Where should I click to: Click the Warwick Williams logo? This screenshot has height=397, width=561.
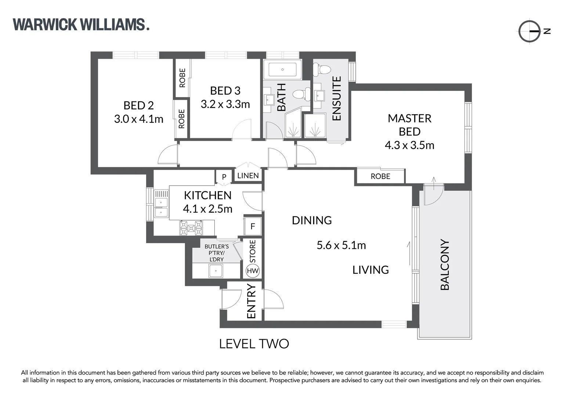[x=81, y=25]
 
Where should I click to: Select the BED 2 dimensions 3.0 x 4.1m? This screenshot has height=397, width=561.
[x=138, y=119]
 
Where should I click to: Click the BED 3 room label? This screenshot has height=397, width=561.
[x=225, y=90]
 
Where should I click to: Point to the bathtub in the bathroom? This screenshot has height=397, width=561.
[x=282, y=69]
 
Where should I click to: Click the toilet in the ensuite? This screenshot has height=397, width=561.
[x=323, y=69]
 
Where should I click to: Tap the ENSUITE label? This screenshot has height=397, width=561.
[x=336, y=98]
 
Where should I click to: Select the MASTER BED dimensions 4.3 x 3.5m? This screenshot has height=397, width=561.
[x=409, y=145]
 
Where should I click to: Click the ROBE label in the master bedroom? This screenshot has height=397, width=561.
[x=380, y=176]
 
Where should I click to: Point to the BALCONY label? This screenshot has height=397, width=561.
[x=445, y=265]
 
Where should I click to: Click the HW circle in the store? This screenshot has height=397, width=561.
[x=253, y=271]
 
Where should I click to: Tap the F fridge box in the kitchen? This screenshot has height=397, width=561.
[x=253, y=226]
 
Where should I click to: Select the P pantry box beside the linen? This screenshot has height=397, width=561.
[x=224, y=177]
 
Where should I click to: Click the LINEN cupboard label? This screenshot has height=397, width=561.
[x=248, y=176]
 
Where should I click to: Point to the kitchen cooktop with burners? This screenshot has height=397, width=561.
[x=191, y=228]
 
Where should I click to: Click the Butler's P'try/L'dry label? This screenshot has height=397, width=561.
[x=217, y=253]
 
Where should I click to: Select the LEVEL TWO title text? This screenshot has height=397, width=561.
[x=254, y=344]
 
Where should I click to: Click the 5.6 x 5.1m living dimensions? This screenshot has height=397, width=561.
[x=341, y=245]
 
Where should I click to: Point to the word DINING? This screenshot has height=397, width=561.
[x=312, y=220]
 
